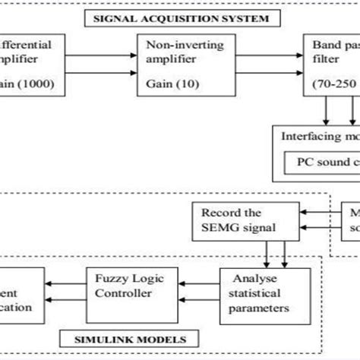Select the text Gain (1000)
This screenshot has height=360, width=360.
(x=22, y=81)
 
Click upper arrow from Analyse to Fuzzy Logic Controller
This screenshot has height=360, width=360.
(x=197, y=278)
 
